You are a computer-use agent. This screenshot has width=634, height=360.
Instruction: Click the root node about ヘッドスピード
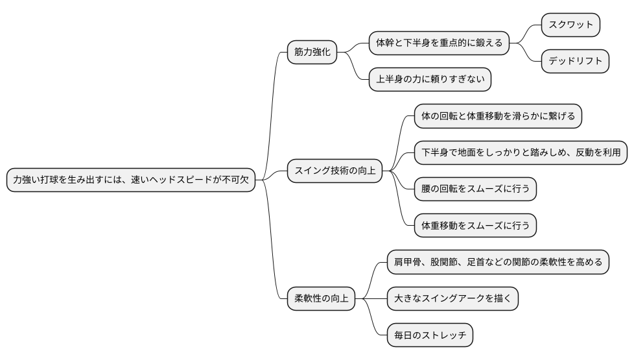click(130, 181)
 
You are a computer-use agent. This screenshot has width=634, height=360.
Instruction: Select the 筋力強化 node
click(312, 53)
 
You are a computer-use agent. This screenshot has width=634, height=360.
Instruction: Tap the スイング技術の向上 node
click(335, 171)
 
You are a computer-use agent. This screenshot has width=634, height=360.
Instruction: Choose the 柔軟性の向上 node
click(322, 299)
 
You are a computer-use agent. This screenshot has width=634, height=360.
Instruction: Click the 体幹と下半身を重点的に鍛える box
click(439, 43)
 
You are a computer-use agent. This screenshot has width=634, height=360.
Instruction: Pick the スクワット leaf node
click(570, 25)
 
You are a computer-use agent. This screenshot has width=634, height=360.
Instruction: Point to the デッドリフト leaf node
click(576, 62)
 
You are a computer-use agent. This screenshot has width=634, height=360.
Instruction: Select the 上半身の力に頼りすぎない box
click(430, 80)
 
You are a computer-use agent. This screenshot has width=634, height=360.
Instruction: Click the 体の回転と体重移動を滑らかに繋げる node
click(498, 117)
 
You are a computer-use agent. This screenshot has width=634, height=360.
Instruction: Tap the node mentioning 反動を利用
click(521, 153)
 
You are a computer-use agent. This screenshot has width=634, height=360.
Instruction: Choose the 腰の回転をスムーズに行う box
click(475, 189)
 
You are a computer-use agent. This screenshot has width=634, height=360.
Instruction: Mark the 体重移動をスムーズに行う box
click(475, 226)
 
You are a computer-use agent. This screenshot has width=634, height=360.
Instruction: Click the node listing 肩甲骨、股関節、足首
click(498, 262)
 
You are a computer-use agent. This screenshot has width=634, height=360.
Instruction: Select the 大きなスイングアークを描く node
click(452, 299)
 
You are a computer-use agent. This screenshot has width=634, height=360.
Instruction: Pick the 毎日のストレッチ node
click(430, 335)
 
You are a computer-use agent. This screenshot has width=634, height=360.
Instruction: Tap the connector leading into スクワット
click(526, 32)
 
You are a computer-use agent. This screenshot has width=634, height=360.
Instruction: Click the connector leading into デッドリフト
click(526, 53)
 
